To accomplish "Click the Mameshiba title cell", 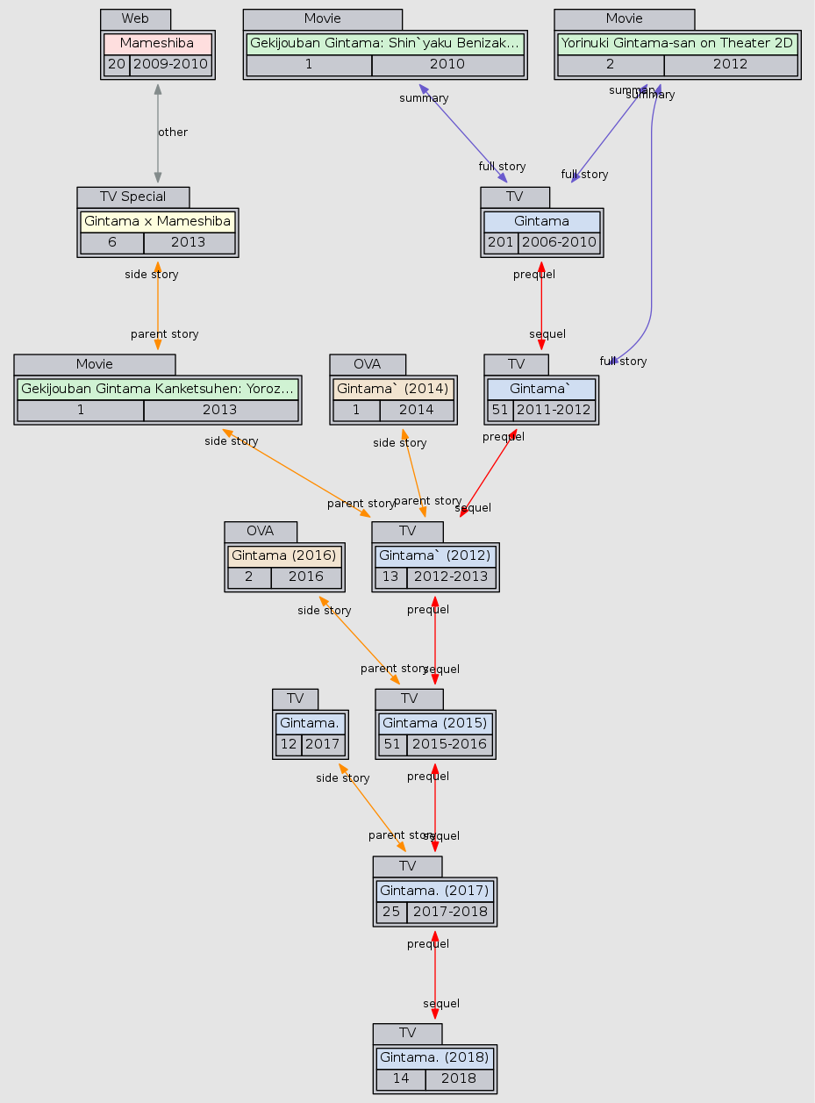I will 157,43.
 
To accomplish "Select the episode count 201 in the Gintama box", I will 500,242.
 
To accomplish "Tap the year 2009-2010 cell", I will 170,64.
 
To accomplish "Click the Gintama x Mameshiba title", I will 157,221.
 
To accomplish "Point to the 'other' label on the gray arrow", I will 172,133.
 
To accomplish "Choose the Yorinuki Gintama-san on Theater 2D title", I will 676,42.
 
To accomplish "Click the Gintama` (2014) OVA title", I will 393,389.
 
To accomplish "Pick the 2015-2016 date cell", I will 450,744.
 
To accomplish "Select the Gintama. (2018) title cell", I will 434,1056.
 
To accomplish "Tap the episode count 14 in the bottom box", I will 401,1078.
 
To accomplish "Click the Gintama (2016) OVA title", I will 284,555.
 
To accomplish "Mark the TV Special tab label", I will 132,197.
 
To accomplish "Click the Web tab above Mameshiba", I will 135,18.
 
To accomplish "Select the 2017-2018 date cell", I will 450,912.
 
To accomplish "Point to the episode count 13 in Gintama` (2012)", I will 390,577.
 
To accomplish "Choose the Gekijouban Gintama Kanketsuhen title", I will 157,389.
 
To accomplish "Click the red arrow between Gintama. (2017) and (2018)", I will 435,974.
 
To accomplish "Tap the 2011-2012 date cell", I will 554,410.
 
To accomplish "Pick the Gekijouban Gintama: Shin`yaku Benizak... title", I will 384,42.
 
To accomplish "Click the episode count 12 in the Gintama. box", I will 288,744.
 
